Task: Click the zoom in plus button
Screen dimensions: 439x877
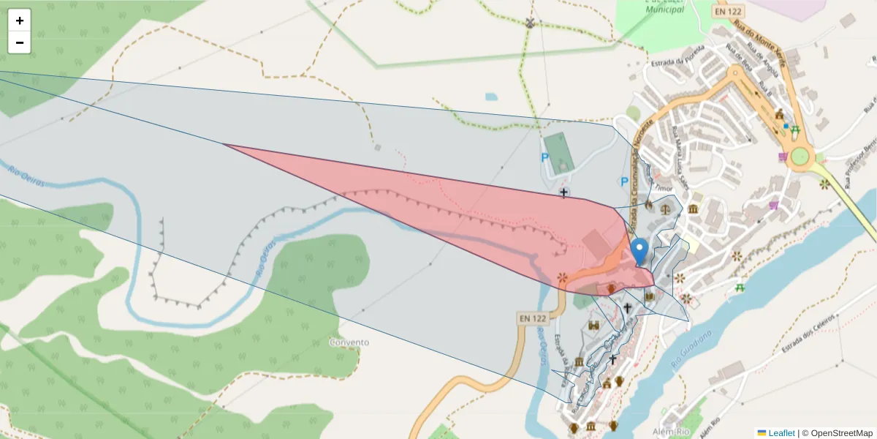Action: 19,20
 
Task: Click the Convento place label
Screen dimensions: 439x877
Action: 349,342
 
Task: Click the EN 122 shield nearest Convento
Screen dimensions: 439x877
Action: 533,318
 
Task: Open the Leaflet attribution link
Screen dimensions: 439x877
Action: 781,433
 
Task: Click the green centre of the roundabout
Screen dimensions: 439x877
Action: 798,156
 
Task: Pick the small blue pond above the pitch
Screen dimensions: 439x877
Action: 491,96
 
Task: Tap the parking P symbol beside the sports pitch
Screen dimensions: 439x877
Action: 544,157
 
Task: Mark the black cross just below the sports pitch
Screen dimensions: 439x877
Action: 563,192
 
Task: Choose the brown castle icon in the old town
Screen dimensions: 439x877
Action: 593,325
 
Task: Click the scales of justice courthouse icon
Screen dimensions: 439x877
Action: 665,208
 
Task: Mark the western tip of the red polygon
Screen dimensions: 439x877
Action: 224,145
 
